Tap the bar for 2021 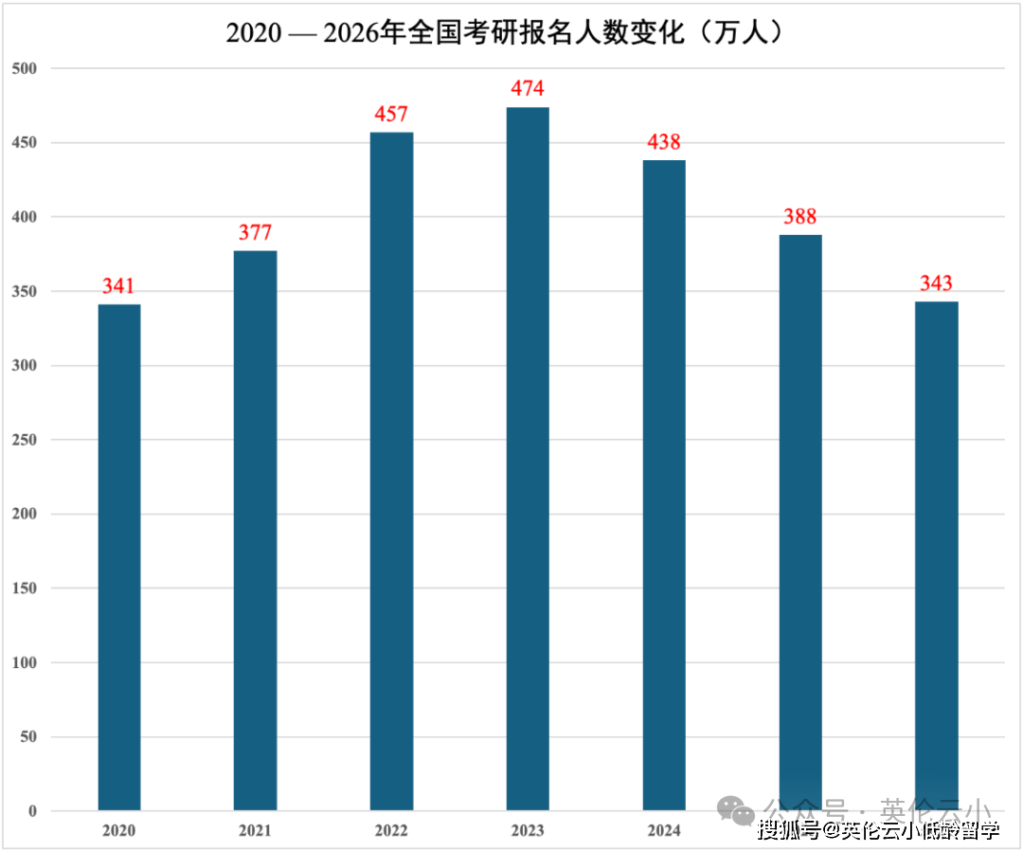click(x=256, y=531)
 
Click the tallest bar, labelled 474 click(x=528, y=459)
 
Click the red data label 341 click(x=119, y=286)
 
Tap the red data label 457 click(x=391, y=115)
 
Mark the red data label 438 click(x=664, y=142)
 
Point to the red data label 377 click(x=256, y=233)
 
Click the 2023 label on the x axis click(x=528, y=831)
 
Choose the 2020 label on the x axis click(x=119, y=831)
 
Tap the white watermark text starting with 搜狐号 click(x=878, y=831)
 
